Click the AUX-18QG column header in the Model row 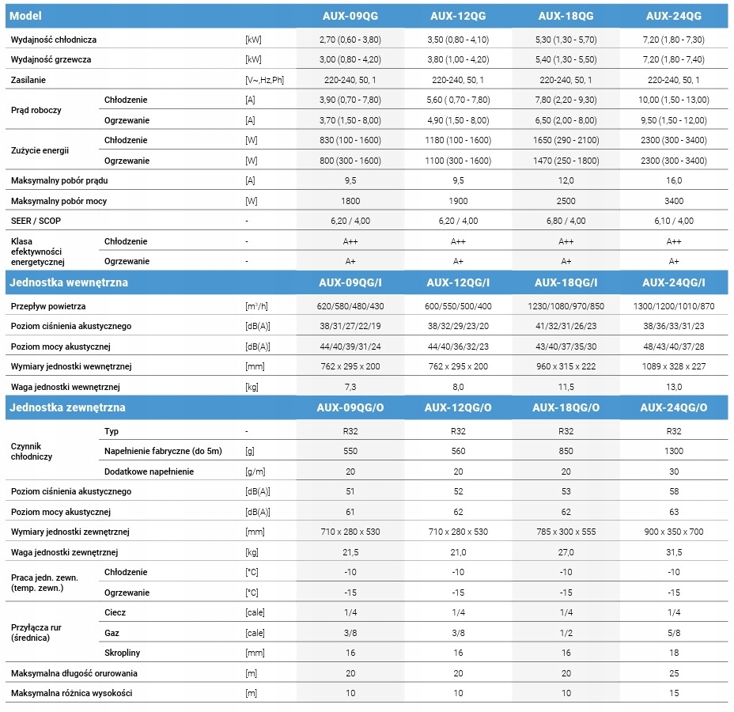tap(566, 16)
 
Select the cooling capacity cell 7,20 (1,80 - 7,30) tap(673, 40)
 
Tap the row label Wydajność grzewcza tap(51, 59)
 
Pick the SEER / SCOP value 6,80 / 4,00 tap(566, 221)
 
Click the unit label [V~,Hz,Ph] tap(264, 80)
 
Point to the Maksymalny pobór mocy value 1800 tap(350, 201)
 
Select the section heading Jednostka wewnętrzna tap(68, 282)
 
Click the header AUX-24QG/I tap(673, 282)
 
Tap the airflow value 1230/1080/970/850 tap(566, 306)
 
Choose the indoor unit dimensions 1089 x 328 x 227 tap(673, 366)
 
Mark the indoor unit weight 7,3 tap(350, 387)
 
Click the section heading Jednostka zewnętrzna tap(67, 407)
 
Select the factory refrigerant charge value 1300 tap(673, 451)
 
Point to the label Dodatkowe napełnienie tap(149, 472)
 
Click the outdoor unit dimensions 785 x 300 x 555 tap(566, 532)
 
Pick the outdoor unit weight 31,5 tap(674, 552)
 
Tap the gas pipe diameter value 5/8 tap(674, 633)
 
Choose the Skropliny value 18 tap(674, 653)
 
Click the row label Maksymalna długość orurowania tap(74, 673)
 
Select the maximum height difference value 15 tap(674, 693)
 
